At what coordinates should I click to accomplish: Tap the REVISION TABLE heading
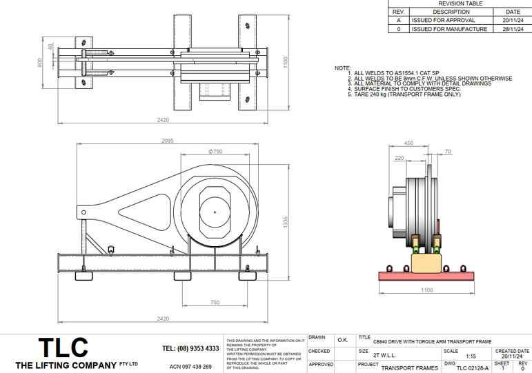pyautogui.click(x=460, y=3)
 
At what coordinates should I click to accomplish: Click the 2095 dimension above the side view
pyautogui.click(x=168, y=140)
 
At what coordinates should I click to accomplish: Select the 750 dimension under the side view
pyautogui.click(x=215, y=303)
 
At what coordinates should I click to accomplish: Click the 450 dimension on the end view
pyautogui.click(x=408, y=143)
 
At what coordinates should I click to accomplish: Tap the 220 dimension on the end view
pyautogui.click(x=400, y=158)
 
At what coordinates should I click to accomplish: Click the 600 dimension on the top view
pyautogui.click(x=40, y=62)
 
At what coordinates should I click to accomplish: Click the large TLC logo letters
pyautogui.click(x=63, y=347)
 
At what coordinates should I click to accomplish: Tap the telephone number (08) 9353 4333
pyautogui.click(x=190, y=349)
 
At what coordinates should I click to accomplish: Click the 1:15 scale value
pyautogui.click(x=471, y=356)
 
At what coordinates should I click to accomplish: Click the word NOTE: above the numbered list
pyautogui.click(x=342, y=68)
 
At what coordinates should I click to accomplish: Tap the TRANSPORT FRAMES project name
pyautogui.click(x=410, y=368)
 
